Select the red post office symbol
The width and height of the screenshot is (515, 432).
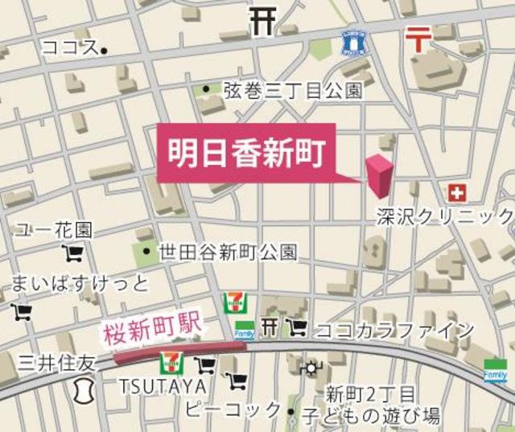417,36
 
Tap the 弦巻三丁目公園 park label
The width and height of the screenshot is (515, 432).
293,90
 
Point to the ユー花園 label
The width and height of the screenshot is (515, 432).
53,231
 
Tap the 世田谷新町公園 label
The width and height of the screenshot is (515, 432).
229,253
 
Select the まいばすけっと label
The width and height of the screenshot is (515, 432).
80,283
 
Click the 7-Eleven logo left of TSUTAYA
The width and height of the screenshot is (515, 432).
171,362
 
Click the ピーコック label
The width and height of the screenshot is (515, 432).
233,409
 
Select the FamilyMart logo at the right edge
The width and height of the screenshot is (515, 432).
496,371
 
